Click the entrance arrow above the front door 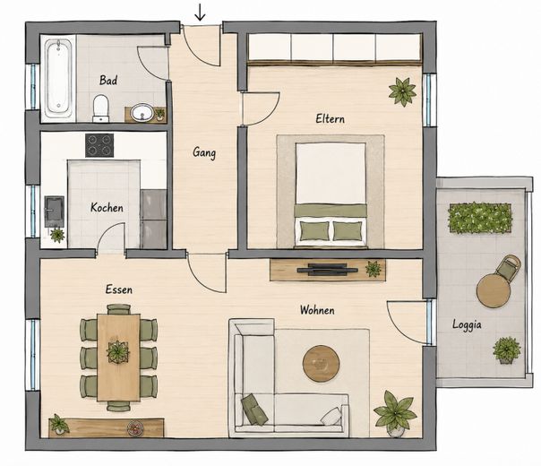pos(200,13)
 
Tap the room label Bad pos(108,81)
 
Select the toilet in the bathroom pos(100,108)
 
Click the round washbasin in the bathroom pos(142,112)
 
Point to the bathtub pos(58,78)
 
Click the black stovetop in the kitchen pos(99,145)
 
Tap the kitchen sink pos(54,211)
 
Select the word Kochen pos(107,207)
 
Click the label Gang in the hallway pos(204,152)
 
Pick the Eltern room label pos(331,119)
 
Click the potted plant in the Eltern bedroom pos(402,91)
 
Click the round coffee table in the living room pos(322,364)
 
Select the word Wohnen pos(317,310)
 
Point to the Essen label pos(119,289)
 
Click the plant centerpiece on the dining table pos(118,352)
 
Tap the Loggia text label pos(467,325)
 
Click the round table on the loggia pos(494,290)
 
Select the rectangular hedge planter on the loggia pos(480,218)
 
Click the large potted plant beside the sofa pos(394,412)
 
